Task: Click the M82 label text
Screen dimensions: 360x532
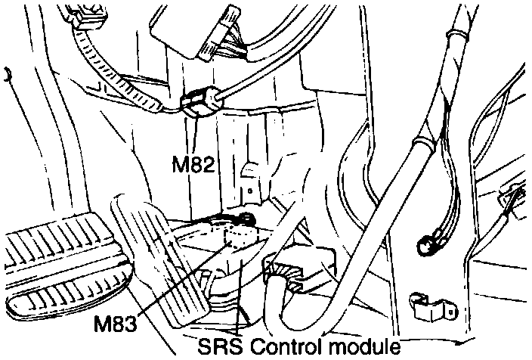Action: point(193,163)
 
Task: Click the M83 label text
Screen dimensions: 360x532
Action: point(116,324)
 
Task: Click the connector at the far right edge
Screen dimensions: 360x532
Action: point(516,199)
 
